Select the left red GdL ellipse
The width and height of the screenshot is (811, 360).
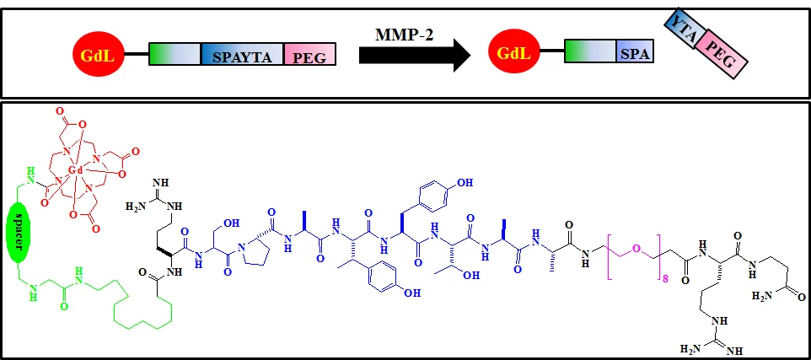point(99,54)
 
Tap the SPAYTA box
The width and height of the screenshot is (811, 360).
point(242,54)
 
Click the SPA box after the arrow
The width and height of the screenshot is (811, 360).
point(635,51)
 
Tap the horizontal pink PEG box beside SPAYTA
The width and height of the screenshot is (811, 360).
point(309,54)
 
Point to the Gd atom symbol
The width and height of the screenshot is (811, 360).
point(77,170)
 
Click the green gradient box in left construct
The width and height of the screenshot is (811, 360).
point(175,54)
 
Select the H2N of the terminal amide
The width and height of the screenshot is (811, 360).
point(761,298)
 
